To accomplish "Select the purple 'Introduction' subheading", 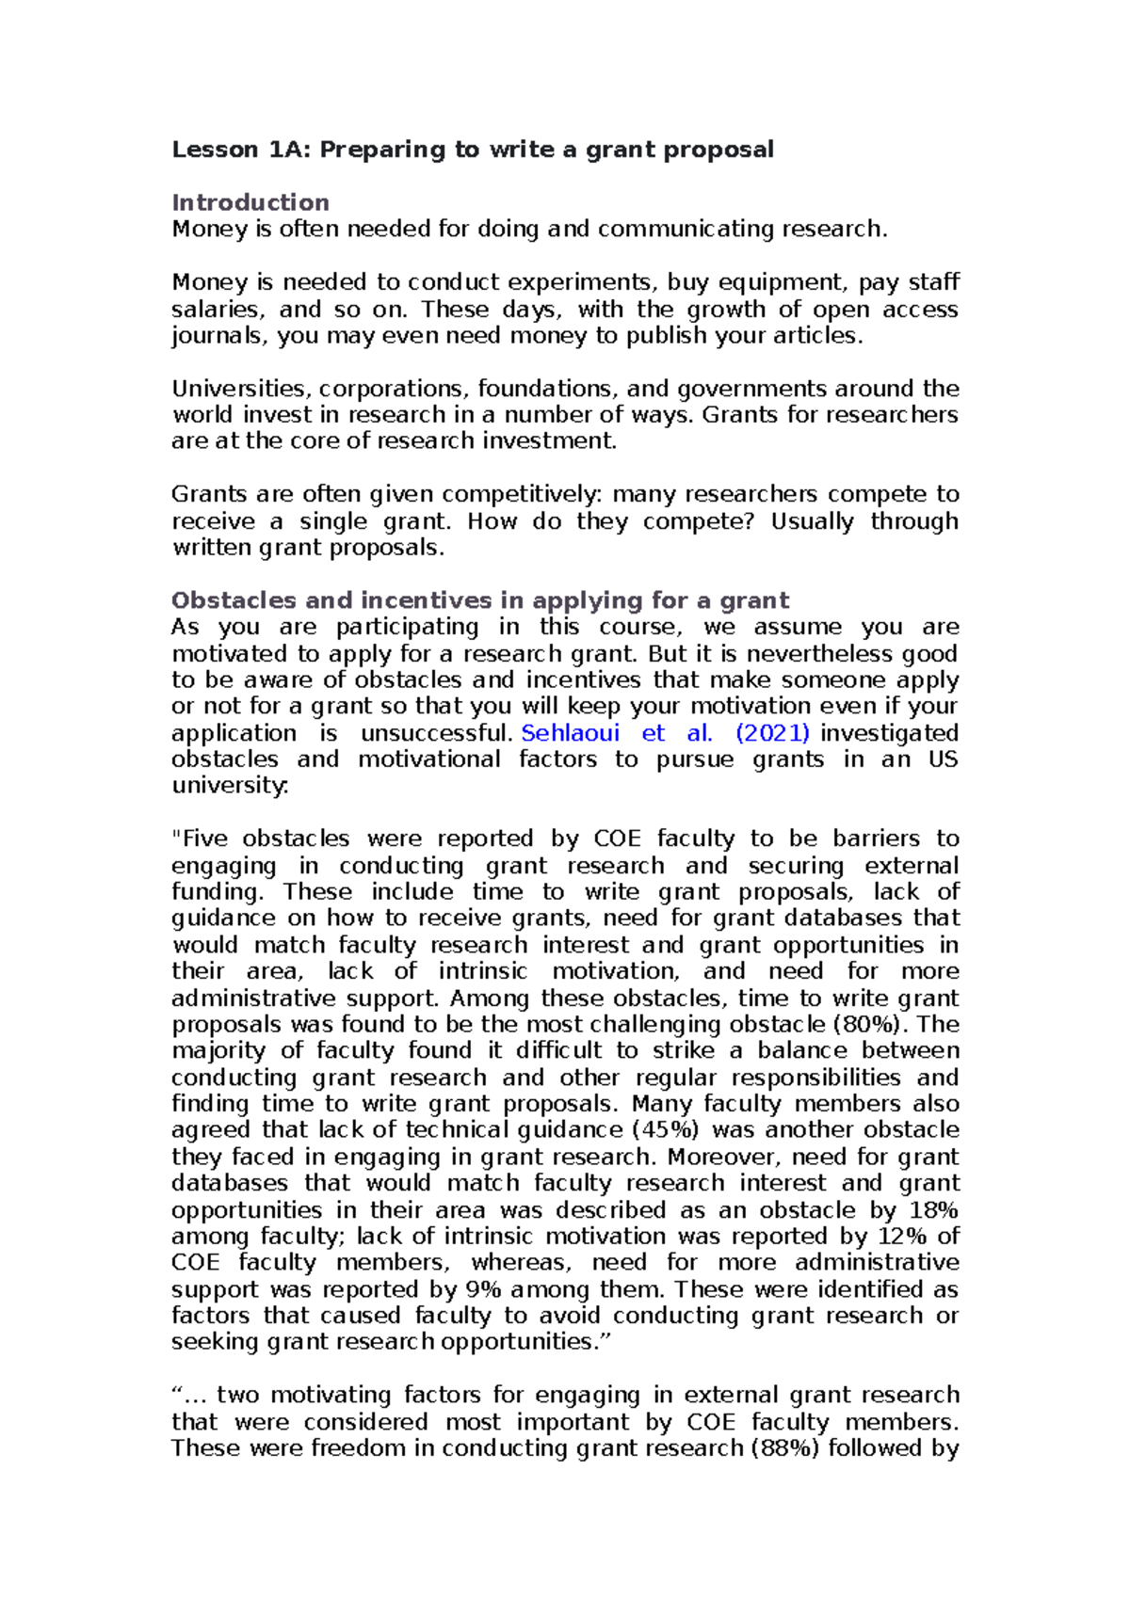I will click(x=250, y=202).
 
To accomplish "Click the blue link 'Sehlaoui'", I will click(x=570, y=733).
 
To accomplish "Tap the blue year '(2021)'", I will click(x=772, y=733).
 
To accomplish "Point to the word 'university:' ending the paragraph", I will click(x=230, y=785).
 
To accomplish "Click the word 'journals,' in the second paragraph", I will click(x=220, y=336).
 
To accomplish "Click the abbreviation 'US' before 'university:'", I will click(x=943, y=759).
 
